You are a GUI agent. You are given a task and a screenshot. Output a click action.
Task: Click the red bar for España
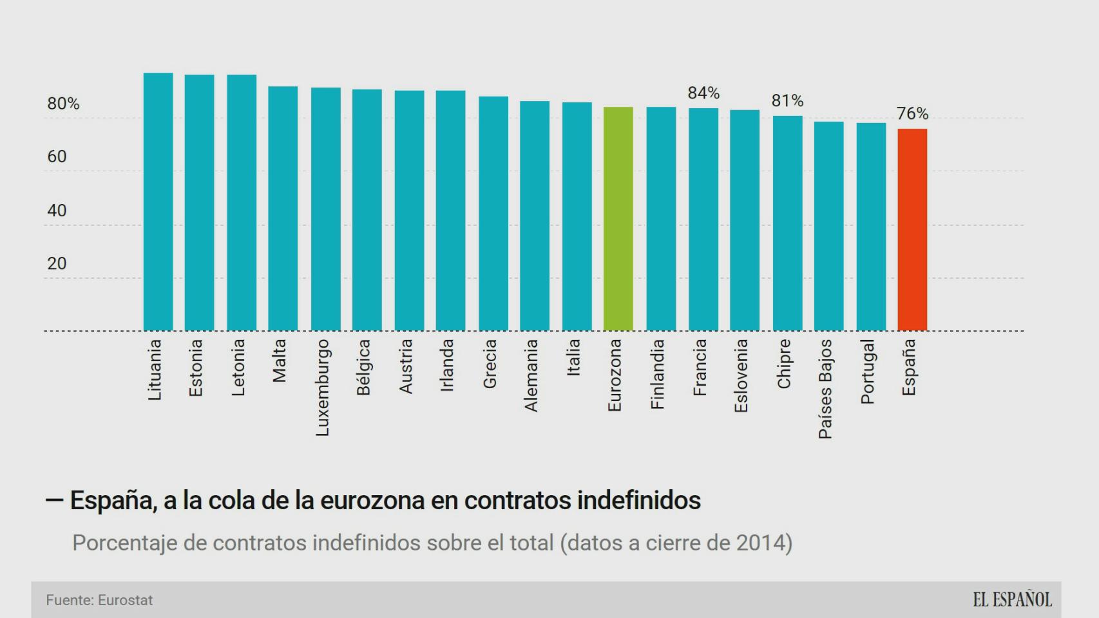pos(912,230)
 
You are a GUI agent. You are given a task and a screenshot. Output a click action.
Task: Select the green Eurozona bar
pos(618,219)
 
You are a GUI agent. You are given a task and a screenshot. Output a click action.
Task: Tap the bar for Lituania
pos(158,201)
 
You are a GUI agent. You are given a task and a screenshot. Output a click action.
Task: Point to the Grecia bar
pos(493,214)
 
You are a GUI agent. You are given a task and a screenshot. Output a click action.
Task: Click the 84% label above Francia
pos(703,93)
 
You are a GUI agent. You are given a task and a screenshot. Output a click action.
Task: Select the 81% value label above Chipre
pos(787,101)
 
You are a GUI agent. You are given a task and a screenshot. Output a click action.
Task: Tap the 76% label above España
pos(912,114)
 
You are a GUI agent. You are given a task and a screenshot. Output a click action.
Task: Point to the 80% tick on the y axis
pos(63,104)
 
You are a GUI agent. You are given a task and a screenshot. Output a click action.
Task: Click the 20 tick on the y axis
pos(57,263)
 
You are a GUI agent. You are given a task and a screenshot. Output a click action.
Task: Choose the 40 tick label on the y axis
pos(57,211)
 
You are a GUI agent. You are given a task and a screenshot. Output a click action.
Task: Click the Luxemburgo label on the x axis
pos(323,388)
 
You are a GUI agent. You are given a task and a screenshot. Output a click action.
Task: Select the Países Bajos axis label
pos(825,389)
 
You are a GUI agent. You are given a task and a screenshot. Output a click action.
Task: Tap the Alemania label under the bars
pos(531,375)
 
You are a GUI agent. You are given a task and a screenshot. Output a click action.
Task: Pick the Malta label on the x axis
pos(280,361)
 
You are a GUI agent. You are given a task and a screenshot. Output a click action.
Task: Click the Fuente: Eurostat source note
pos(99,600)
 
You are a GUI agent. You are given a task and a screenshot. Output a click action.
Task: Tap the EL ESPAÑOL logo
pos(1012,600)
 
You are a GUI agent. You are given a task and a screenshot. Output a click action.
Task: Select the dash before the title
pos(54,500)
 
